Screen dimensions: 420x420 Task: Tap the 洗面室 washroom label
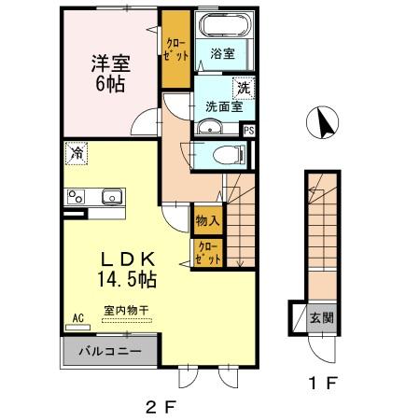point(222,106)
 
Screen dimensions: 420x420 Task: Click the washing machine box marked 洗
point(243,88)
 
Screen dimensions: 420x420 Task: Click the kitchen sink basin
point(111,197)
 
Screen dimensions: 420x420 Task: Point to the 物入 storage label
point(207,221)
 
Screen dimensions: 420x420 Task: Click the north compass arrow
point(324,123)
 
